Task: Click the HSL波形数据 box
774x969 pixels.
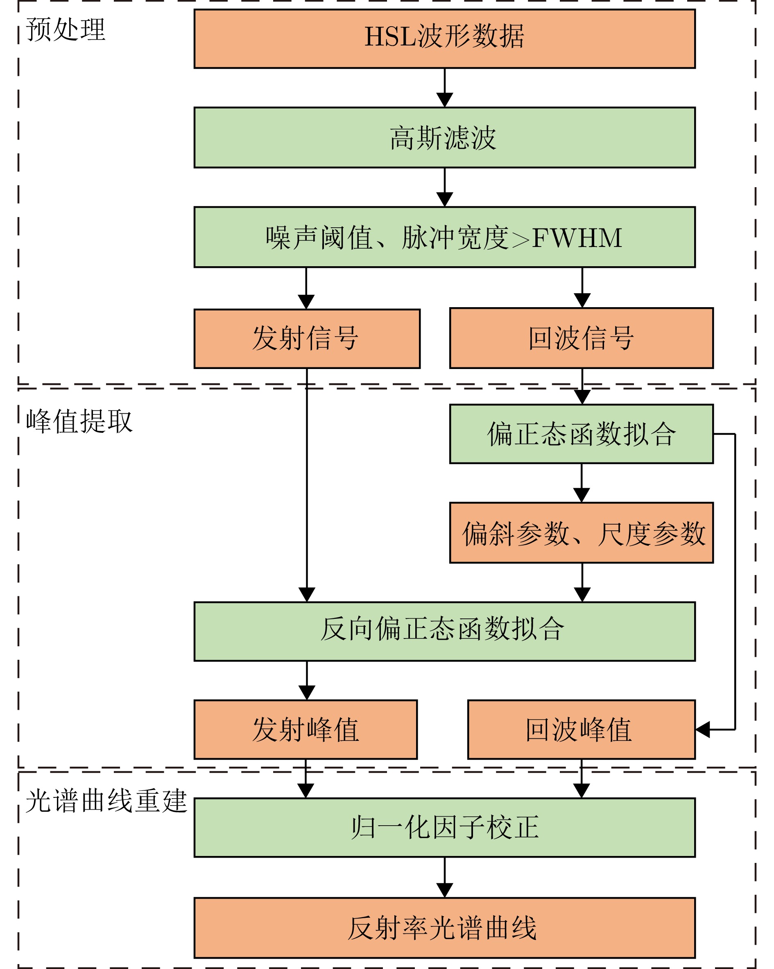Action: [x=444, y=38]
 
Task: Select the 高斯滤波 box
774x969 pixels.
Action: [x=444, y=138]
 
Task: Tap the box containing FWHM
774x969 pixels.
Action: [x=444, y=237]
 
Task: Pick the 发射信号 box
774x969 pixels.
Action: [x=307, y=338]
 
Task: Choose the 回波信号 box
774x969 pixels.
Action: [x=581, y=338]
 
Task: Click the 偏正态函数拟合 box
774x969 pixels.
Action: [x=581, y=434]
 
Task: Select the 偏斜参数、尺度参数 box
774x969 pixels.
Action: [x=581, y=532]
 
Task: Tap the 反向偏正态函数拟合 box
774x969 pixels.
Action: [x=444, y=632]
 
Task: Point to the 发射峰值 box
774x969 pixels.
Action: [x=305, y=729]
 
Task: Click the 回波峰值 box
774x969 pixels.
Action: [x=581, y=729]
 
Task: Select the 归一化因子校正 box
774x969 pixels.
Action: [x=444, y=827]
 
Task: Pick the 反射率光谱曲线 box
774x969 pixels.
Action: [x=444, y=928]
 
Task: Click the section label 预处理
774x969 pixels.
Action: [x=66, y=29]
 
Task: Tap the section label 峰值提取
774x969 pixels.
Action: [x=79, y=421]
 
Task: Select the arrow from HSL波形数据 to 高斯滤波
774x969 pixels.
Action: [x=444, y=88]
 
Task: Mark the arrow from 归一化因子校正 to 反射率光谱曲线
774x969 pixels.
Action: [x=444, y=878]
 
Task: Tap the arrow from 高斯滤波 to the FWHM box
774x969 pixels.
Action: [x=444, y=188]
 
